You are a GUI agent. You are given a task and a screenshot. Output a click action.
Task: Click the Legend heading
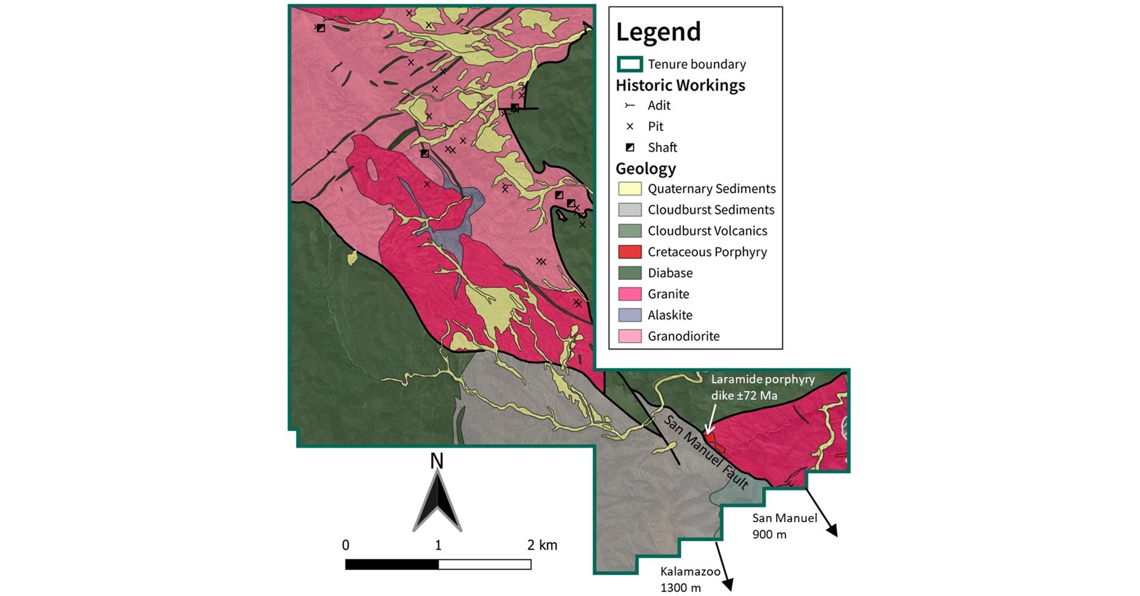pos(658,32)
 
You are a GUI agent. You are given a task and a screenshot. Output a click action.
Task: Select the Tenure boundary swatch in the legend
pos(629,64)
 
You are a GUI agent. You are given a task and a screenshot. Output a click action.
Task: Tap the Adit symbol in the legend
pos(629,106)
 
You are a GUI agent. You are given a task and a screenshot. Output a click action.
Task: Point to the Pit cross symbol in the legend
pos(629,127)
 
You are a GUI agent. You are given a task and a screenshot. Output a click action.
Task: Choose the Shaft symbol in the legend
pos(629,147)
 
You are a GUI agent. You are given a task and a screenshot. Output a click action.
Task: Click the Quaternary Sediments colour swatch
pos(629,189)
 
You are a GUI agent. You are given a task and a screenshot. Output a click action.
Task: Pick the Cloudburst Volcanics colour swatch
pos(629,231)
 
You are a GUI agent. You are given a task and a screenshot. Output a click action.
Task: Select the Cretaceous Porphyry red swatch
pos(629,252)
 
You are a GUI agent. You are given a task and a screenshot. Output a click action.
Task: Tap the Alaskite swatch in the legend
pos(629,315)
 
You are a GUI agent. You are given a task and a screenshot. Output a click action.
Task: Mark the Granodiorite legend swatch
pos(629,336)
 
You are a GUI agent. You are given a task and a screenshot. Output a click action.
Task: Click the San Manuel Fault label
pos(706,453)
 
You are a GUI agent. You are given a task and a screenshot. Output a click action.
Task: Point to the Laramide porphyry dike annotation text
pos(762,388)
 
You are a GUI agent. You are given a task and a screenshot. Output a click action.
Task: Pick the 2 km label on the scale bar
pos(542,545)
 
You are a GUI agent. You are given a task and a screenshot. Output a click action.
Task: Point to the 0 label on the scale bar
pos(346,545)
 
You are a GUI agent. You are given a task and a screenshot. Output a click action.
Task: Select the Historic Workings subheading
pos(680,86)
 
